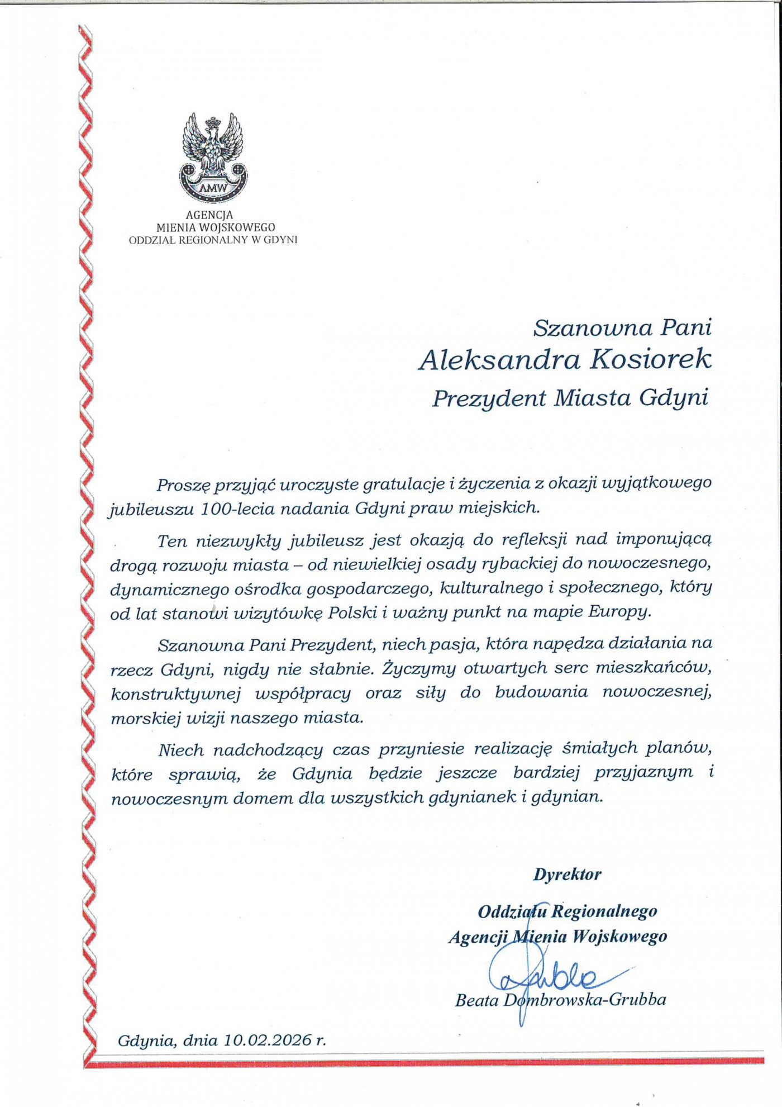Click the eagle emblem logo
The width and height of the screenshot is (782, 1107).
tap(213, 156)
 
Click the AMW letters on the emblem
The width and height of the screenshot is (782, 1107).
tap(213, 188)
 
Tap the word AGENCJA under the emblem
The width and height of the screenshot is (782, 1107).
tap(209, 215)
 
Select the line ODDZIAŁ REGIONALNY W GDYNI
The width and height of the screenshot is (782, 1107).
tap(213, 240)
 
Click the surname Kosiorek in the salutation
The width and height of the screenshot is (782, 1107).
tap(651, 359)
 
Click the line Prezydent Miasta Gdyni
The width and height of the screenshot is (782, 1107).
tap(570, 398)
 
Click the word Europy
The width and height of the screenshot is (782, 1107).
tap(620, 611)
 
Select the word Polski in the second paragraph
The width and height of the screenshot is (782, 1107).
tap(352, 612)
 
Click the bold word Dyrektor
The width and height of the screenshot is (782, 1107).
tap(568, 875)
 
